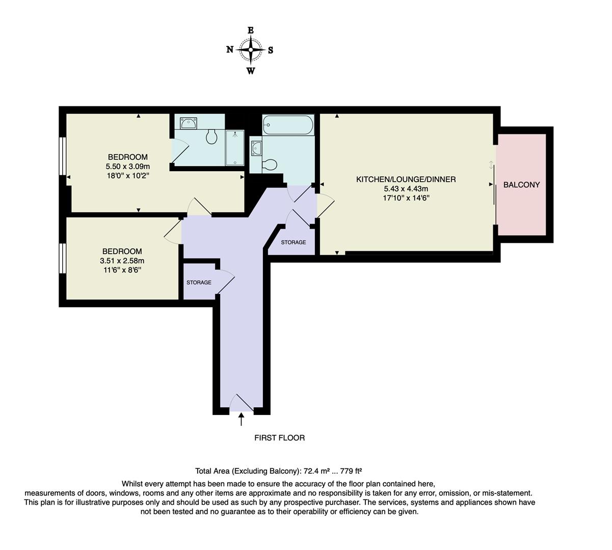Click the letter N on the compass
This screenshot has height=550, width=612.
230,49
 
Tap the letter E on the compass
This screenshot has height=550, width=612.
251,31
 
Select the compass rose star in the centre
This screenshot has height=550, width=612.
251,50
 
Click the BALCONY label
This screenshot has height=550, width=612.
521,185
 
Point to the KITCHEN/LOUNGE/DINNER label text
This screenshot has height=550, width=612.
406,179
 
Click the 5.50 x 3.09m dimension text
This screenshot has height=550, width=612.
127,166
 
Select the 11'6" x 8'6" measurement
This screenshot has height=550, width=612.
122,269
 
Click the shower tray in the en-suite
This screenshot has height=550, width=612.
235,148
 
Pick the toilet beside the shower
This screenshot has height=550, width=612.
212,136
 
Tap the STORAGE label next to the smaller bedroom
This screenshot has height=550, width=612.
199,283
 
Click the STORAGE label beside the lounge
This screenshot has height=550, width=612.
294,242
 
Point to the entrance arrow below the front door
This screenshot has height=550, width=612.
241,419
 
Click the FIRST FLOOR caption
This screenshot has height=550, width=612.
279,438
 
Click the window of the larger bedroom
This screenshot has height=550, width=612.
62,156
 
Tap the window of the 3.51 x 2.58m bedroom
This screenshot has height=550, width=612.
62,258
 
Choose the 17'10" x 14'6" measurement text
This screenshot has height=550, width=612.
406,198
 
